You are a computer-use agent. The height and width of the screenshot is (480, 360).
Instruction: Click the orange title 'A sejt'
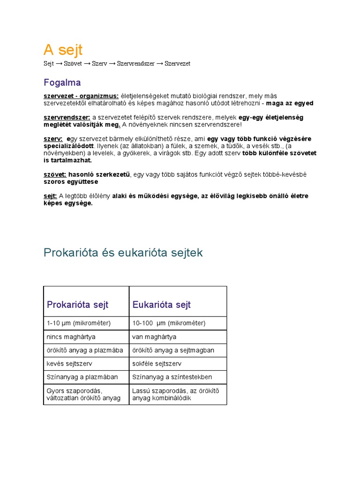(x=63, y=50)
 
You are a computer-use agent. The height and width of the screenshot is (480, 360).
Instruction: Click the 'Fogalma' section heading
(x=62, y=83)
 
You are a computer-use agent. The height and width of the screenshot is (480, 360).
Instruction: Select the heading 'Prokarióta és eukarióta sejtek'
(x=123, y=253)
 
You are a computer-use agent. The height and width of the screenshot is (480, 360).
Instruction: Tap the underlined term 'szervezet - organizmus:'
(x=81, y=96)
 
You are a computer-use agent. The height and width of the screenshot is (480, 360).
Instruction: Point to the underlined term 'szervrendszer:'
(x=67, y=118)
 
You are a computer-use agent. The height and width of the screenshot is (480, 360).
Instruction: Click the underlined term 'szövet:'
(x=55, y=174)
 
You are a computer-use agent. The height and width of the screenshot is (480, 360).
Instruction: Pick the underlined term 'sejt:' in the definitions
(x=50, y=196)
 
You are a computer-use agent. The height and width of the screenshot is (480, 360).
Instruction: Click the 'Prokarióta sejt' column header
(x=78, y=305)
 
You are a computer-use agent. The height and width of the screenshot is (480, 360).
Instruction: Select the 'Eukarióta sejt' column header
(x=162, y=305)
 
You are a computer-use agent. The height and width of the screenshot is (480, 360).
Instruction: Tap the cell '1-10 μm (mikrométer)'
(x=79, y=323)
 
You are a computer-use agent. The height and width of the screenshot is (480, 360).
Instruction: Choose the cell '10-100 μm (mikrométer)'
(x=169, y=323)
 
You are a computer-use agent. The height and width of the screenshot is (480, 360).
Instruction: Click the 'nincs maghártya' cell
(x=71, y=337)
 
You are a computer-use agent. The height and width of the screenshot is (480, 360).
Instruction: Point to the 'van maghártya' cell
(x=154, y=337)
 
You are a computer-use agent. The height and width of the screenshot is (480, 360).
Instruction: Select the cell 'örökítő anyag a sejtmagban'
(x=173, y=350)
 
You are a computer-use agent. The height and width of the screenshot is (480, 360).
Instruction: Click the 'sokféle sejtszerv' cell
(x=157, y=364)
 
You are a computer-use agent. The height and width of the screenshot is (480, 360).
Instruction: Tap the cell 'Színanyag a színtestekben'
(x=172, y=377)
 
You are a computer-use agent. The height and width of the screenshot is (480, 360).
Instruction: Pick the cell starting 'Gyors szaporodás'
(x=83, y=394)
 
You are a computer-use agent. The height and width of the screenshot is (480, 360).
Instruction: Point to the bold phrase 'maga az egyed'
(x=290, y=103)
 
